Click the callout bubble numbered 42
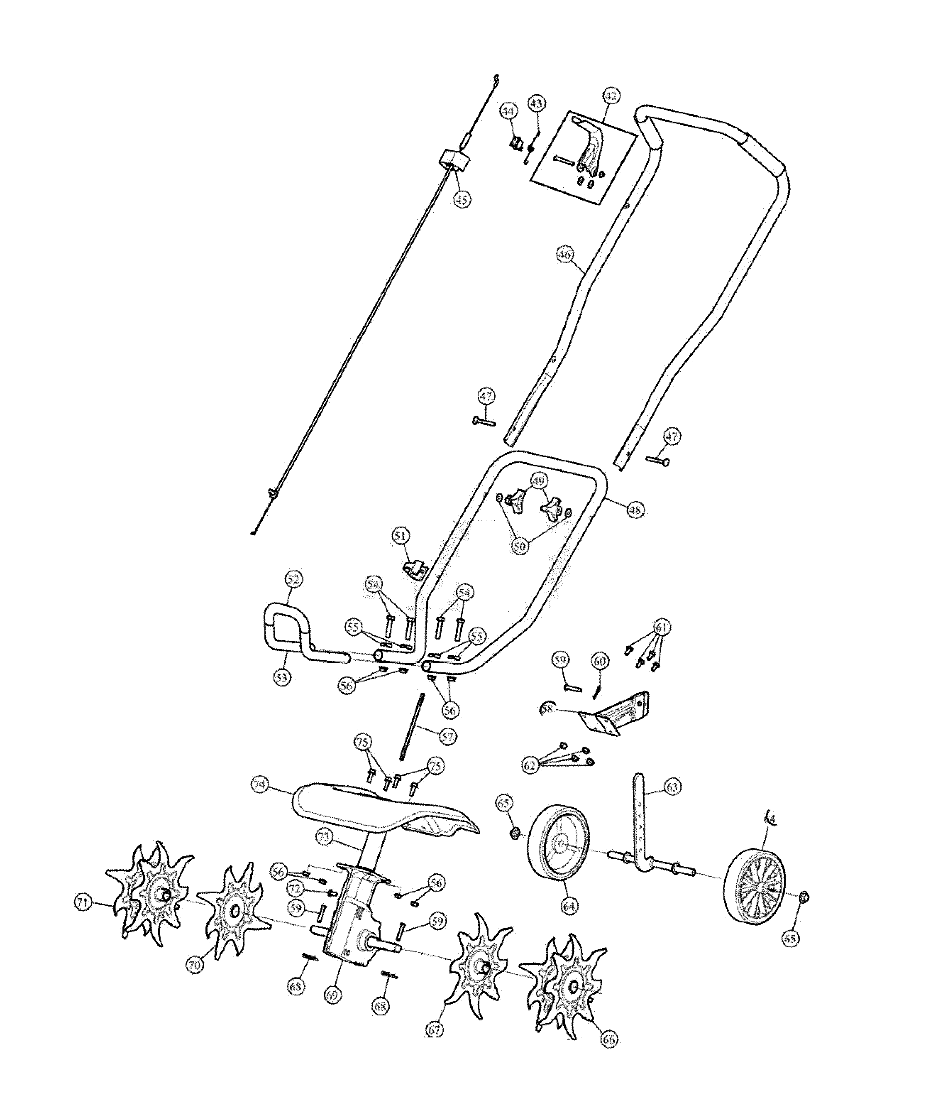[x=611, y=96]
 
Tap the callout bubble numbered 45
[x=462, y=199]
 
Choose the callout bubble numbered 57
[x=447, y=737]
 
